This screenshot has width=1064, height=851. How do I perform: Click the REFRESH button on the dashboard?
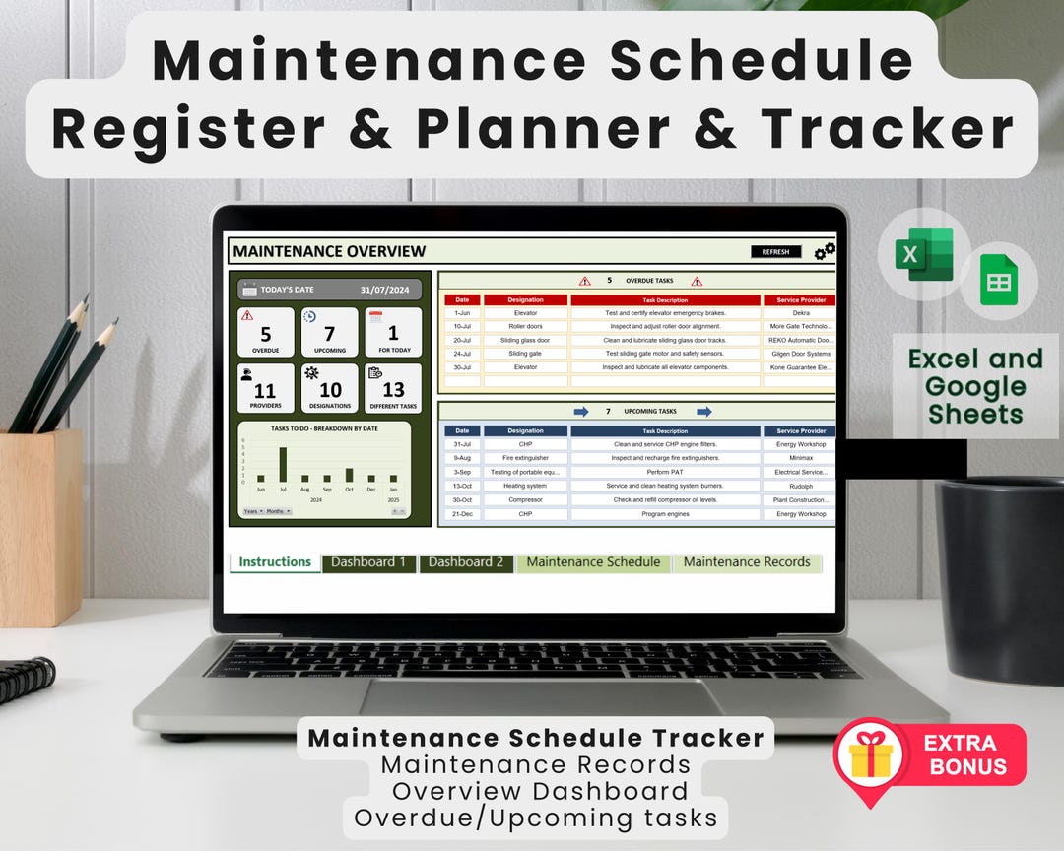click(775, 252)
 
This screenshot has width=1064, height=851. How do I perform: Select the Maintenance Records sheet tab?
click(747, 562)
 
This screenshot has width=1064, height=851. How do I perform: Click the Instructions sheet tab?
click(275, 562)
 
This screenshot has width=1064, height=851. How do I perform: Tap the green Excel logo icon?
click(923, 254)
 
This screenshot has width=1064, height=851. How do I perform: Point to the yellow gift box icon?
click(870, 759)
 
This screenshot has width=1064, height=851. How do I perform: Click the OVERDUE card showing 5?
click(266, 332)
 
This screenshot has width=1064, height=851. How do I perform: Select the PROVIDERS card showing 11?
click(266, 388)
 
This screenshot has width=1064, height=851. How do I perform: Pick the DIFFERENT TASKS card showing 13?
click(393, 388)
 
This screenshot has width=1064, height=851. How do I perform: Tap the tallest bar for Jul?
click(283, 464)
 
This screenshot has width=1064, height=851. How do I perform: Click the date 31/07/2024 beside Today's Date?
click(384, 290)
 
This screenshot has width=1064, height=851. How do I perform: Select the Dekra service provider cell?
click(800, 313)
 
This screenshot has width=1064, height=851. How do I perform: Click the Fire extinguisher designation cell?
click(525, 458)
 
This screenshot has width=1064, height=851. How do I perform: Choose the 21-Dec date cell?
click(462, 514)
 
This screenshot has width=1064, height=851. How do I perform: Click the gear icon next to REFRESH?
click(825, 252)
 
